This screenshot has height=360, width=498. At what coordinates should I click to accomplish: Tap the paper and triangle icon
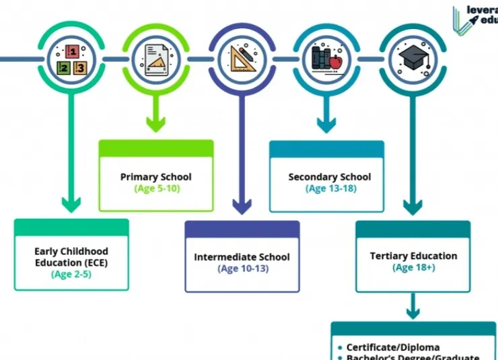(x=155, y=59)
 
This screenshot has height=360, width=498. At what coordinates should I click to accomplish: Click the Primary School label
(x=156, y=177)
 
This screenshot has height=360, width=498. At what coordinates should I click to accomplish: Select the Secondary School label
(x=330, y=177)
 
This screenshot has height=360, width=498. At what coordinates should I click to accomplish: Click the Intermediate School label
(x=242, y=257)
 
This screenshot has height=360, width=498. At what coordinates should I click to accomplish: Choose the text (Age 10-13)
(x=243, y=268)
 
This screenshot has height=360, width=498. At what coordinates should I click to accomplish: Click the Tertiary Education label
(x=413, y=256)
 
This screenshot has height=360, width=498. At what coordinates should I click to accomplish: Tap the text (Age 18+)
(x=414, y=267)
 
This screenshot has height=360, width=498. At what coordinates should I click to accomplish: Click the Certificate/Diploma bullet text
(x=393, y=347)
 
